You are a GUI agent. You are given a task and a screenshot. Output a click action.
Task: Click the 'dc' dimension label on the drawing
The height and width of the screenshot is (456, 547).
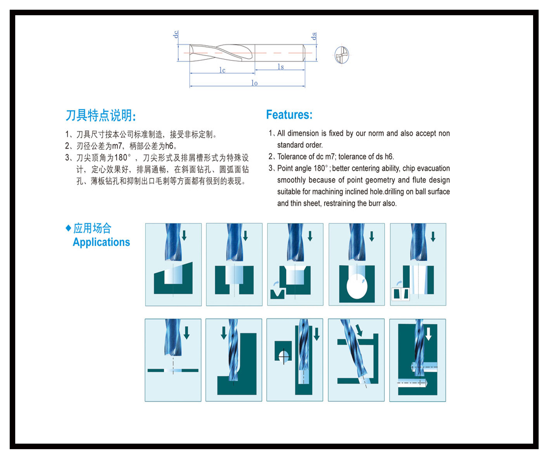(176, 34)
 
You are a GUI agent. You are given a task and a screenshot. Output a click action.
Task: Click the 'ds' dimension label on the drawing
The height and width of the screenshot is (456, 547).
(314, 36)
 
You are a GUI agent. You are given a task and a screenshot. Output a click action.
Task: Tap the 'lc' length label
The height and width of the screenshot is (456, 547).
(222, 70)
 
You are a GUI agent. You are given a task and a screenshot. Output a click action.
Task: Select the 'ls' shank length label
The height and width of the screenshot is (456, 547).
(281, 67)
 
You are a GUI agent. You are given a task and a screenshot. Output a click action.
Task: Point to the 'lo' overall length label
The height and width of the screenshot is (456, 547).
(254, 83)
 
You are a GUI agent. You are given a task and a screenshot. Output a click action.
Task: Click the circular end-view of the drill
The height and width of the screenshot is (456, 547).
(341, 55)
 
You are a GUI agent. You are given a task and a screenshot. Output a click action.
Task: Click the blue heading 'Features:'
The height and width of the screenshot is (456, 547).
(289, 115)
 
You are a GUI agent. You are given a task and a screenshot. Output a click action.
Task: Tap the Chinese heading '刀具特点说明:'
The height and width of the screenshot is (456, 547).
(101, 115)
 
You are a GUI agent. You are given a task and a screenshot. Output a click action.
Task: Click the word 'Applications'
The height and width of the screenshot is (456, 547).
(101, 242)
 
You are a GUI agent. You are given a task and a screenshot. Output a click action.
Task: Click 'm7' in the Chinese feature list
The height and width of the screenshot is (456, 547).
(117, 146)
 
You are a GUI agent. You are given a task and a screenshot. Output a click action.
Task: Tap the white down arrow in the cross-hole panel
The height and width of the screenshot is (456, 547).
(429, 334)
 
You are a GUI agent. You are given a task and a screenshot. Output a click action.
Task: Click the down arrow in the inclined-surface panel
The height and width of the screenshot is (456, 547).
(184, 235)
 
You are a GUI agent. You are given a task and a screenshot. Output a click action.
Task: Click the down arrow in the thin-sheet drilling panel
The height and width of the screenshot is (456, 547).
(187, 333)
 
